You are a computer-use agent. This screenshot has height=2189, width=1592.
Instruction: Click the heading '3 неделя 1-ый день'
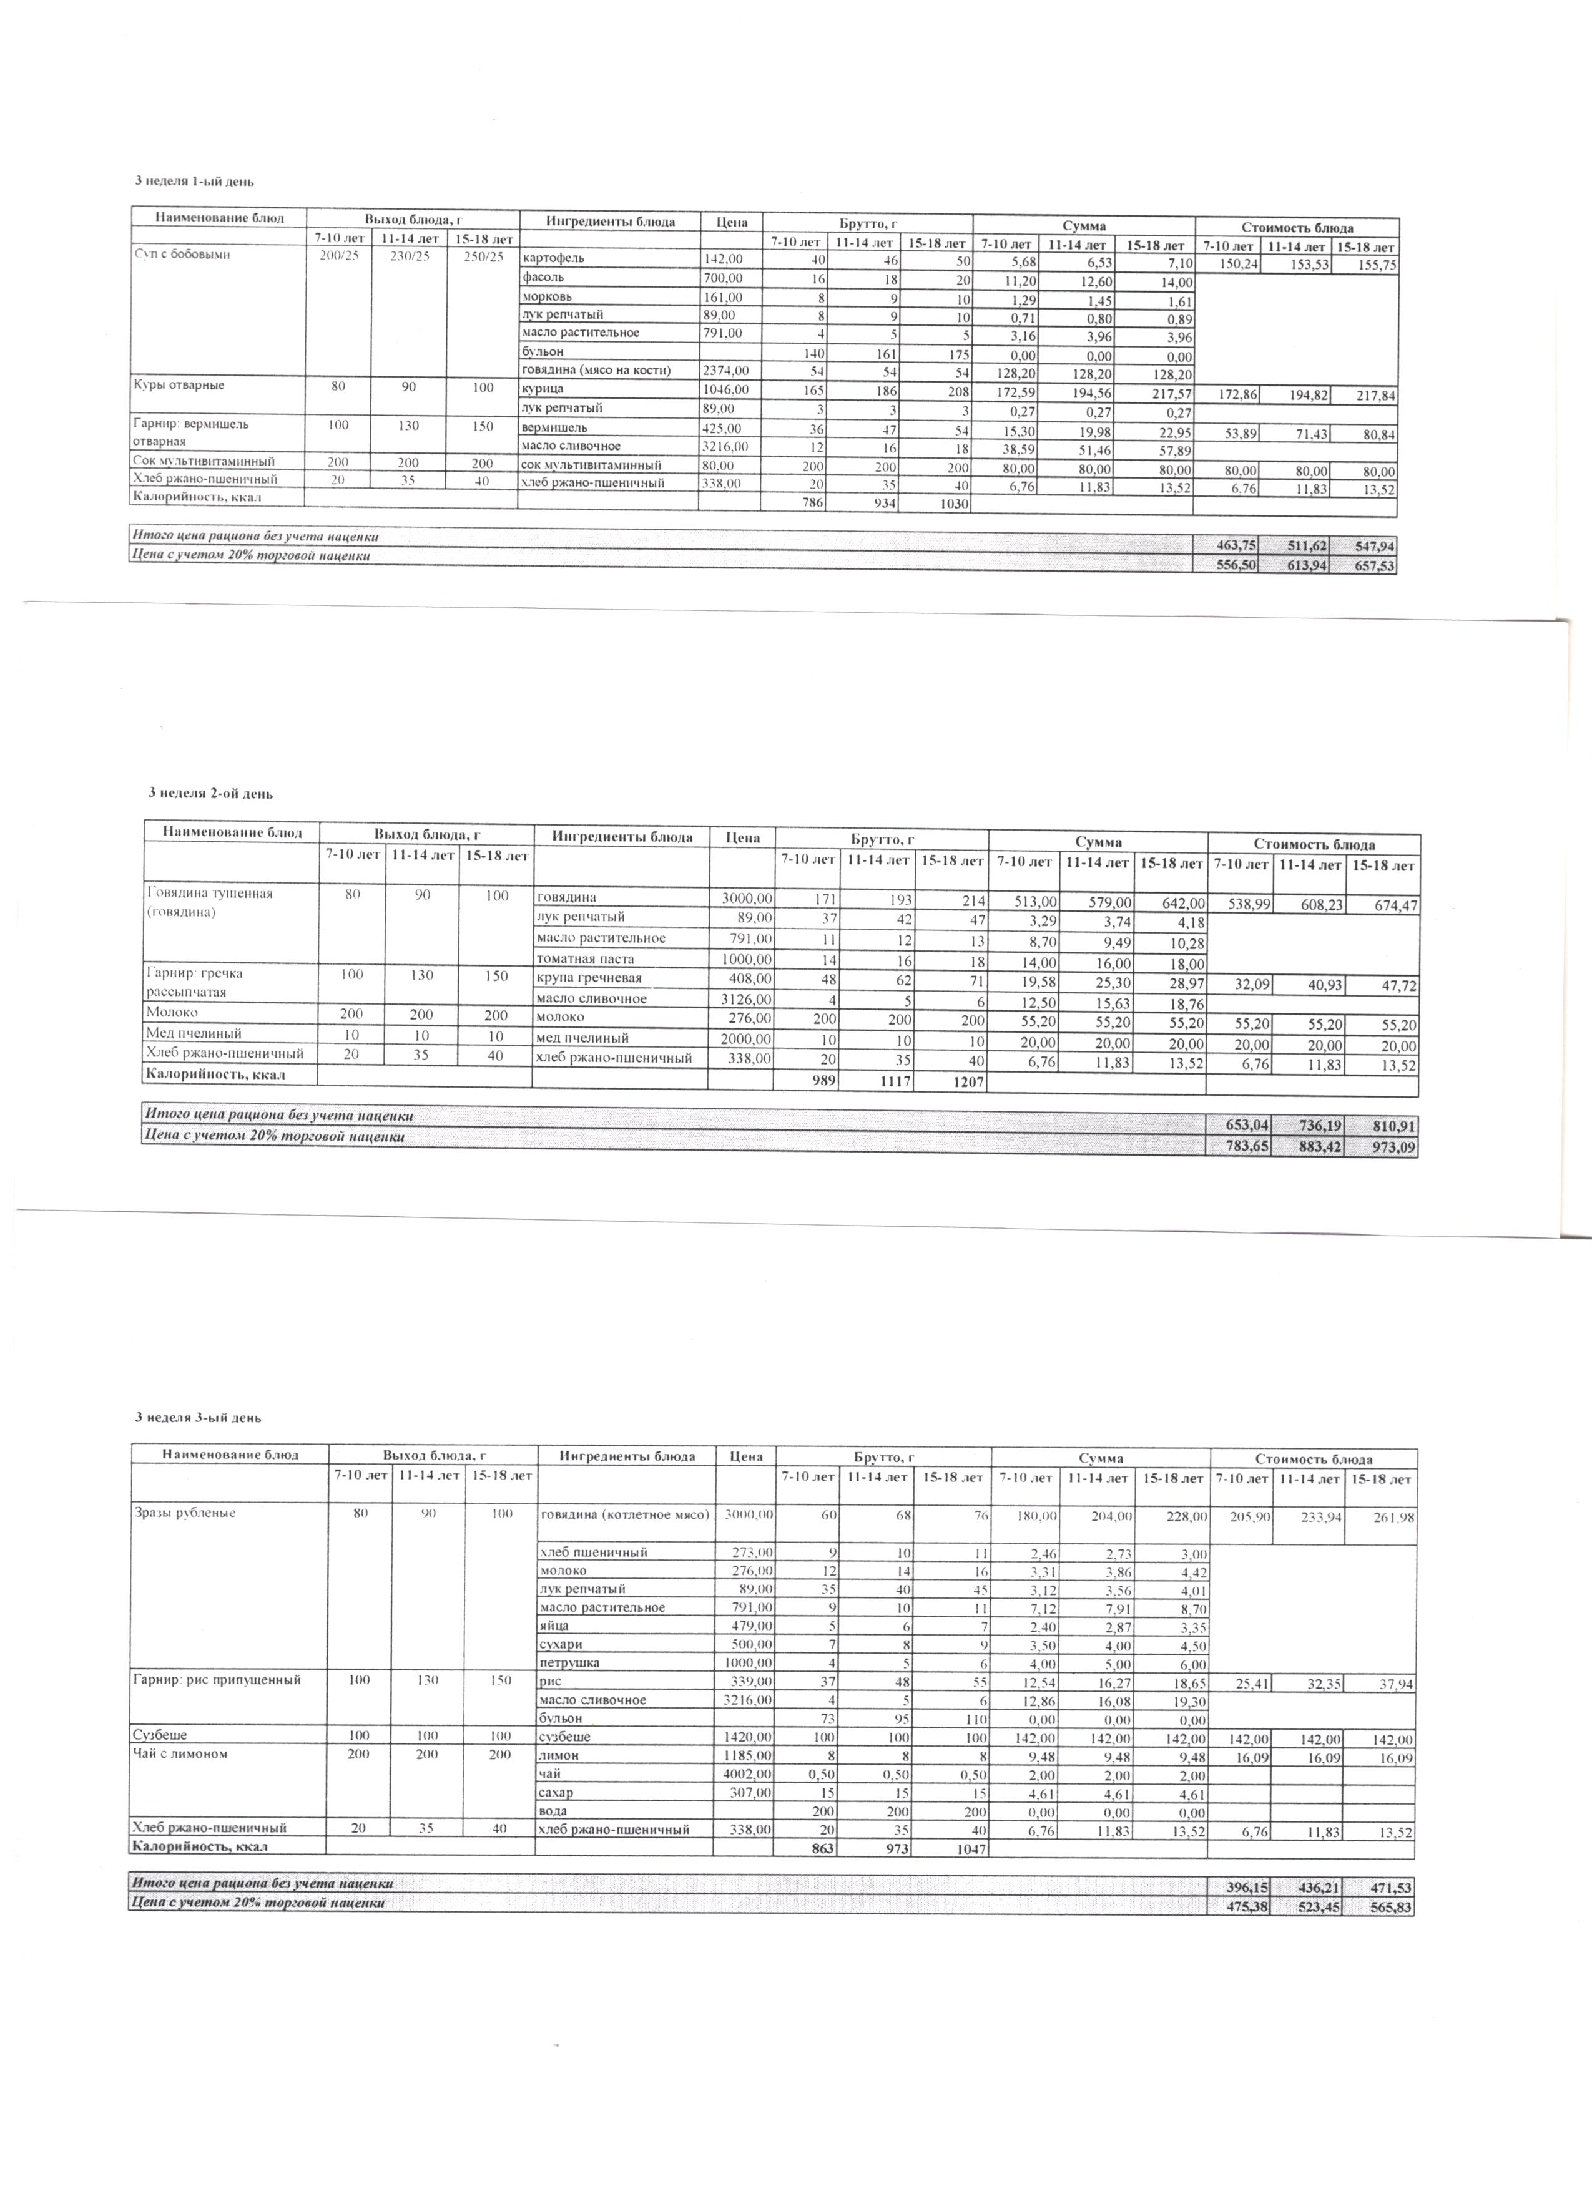coord(193,182)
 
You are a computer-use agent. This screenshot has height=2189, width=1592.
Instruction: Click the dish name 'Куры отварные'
coord(178,385)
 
